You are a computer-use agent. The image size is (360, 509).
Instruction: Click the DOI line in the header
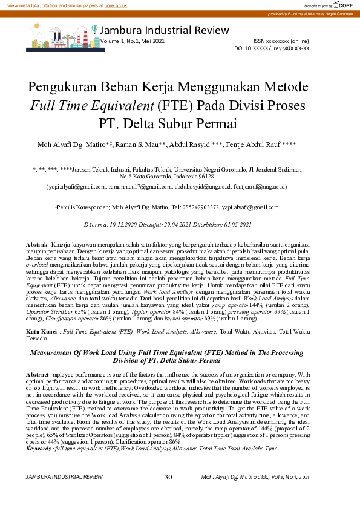(280, 47)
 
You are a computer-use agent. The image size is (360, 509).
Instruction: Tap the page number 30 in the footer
(168, 477)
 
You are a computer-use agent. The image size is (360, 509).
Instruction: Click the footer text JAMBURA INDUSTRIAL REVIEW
(65, 478)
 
